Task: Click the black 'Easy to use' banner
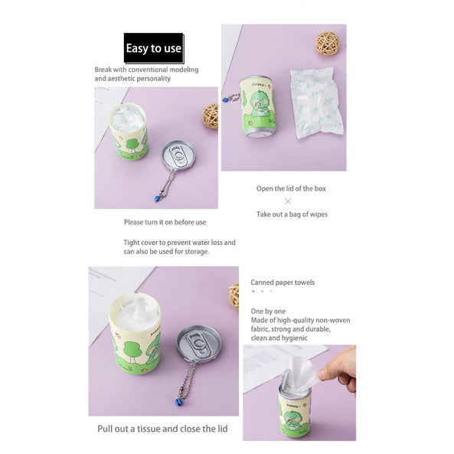[154, 48]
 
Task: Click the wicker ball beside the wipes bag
[328, 43]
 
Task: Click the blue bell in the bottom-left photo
[177, 402]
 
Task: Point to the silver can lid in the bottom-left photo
[198, 342]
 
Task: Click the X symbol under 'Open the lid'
[288, 201]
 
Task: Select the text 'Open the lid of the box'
[291, 188]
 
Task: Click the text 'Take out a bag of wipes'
[292, 214]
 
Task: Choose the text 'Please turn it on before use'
[165, 222]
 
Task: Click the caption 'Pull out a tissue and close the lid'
[162, 429]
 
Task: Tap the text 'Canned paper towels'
[283, 283]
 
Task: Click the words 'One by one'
[268, 312]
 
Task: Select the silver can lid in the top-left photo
[178, 155]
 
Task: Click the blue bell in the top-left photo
[157, 198]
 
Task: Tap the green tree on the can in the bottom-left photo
[132, 351]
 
